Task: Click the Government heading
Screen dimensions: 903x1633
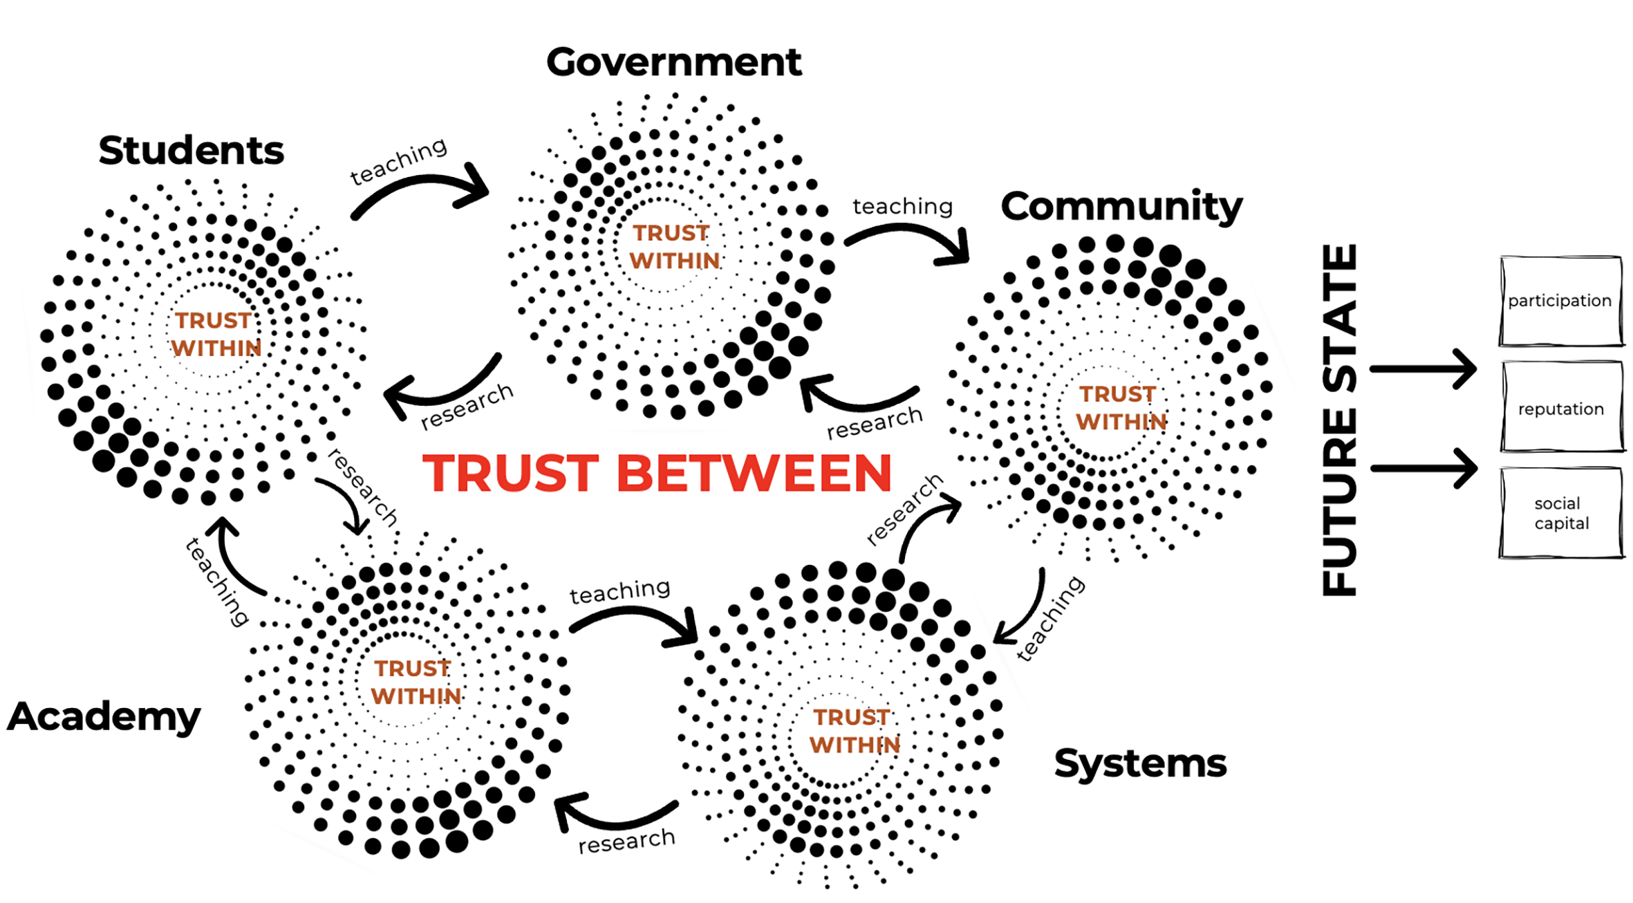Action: pyautogui.click(x=673, y=63)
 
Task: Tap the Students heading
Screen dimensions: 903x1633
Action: pyautogui.click(x=191, y=151)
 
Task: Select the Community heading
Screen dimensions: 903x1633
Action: pyautogui.click(x=1121, y=207)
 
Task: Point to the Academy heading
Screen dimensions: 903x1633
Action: pyautogui.click(x=104, y=716)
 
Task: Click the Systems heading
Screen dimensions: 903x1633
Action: pyautogui.click(x=1140, y=763)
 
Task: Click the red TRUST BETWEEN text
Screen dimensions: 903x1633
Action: pyautogui.click(x=657, y=474)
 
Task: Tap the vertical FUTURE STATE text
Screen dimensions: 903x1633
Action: pyautogui.click(x=1340, y=420)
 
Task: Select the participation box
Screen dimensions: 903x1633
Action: pyautogui.click(x=1560, y=301)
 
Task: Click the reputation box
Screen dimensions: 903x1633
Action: pyautogui.click(x=1561, y=409)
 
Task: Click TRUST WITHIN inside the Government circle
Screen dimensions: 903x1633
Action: pyautogui.click(x=674, y=247)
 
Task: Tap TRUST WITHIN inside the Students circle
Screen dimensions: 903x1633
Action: pyautogui.click(x=216, y=334)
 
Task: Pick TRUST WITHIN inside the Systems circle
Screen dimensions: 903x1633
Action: pyautogui.click(x=854, y=731)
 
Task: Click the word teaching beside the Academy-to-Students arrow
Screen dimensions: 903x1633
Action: pyautogui.click(x=216, y=583)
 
